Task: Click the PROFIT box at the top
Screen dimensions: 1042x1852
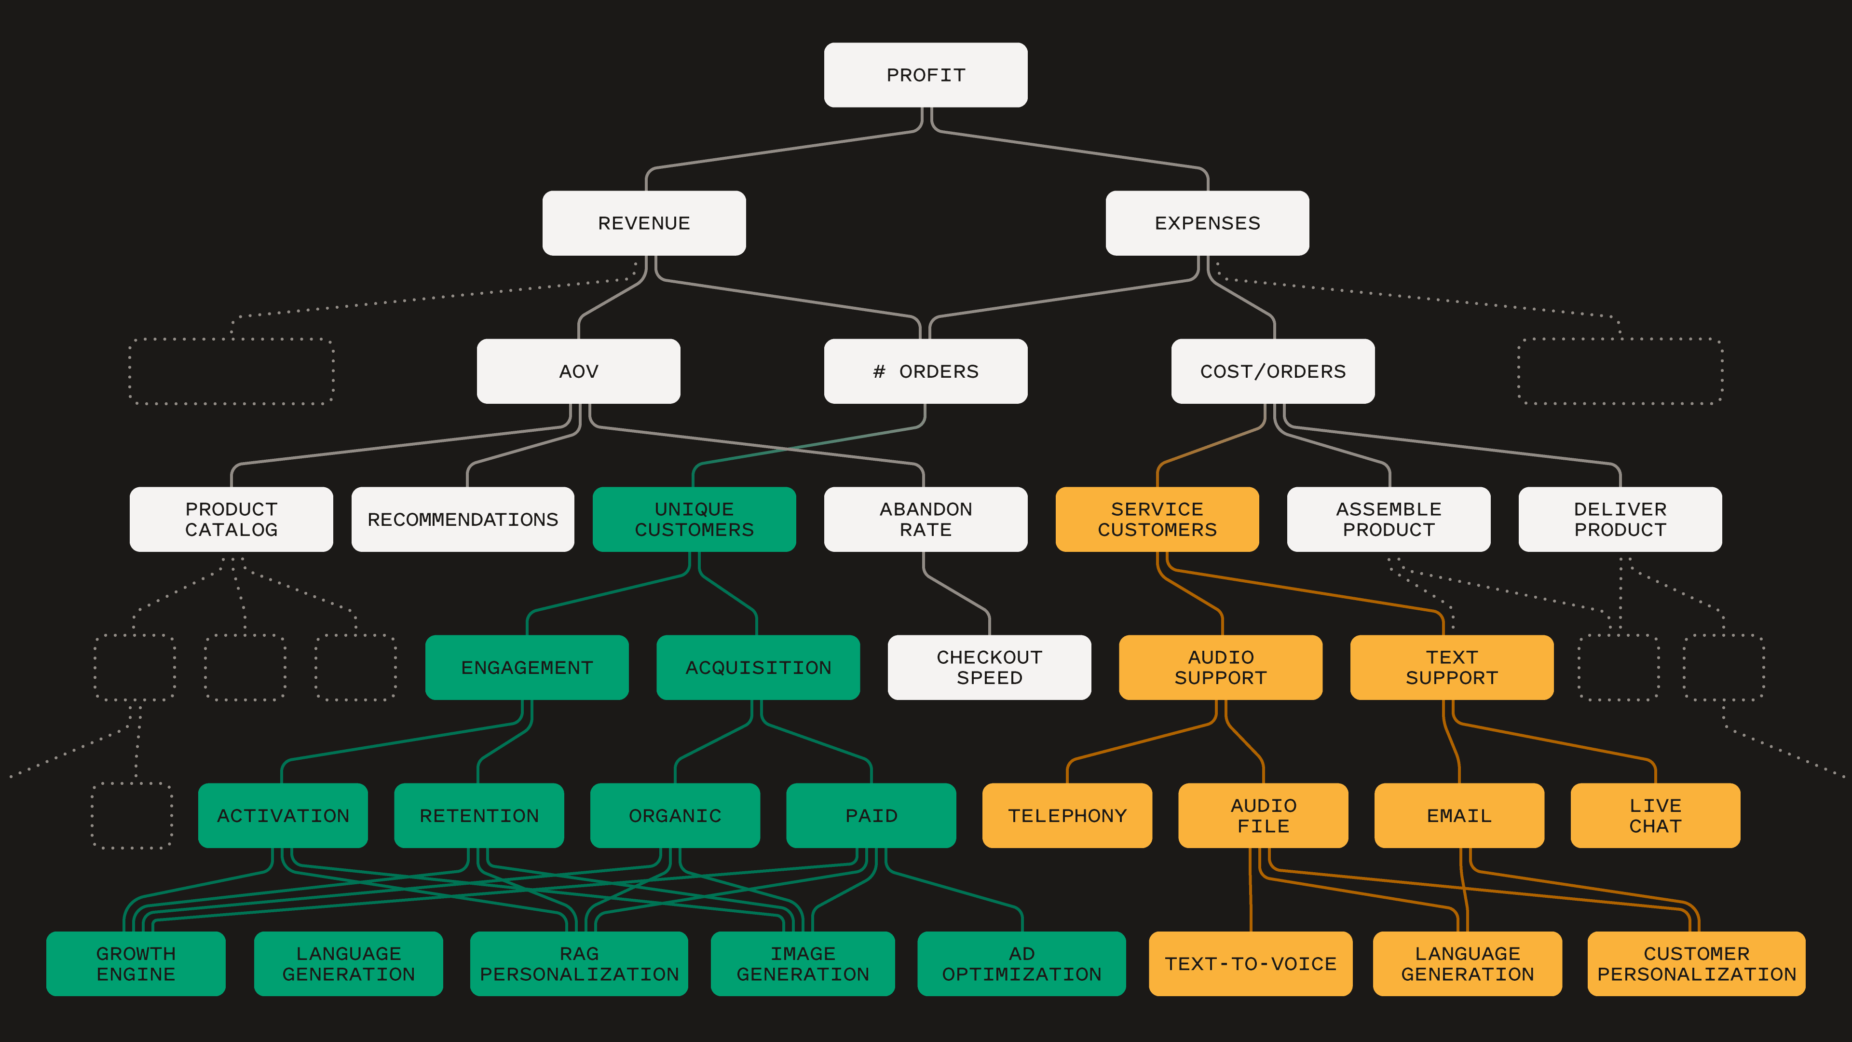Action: pos(926,75)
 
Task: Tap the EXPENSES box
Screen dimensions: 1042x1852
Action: pos(1207,223)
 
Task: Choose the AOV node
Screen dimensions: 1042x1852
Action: pos(578,371)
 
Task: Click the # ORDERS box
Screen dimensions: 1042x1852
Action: pos(926,371)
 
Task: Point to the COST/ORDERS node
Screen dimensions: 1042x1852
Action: pos(1273,371)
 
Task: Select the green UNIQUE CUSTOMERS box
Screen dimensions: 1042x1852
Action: pos(694,519)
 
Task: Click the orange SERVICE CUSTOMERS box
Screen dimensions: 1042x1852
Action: pos(1157,519)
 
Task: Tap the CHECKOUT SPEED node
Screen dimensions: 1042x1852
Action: pos(989,667)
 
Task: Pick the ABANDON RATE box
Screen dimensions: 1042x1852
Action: pos(926,519)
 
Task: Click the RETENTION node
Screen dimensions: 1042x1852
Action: pos(479,815)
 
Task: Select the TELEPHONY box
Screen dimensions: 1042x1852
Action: pos(1067,815)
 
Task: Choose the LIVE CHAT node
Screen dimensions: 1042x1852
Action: pos(1655,815)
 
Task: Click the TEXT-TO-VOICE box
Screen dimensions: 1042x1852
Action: pos(1250,964)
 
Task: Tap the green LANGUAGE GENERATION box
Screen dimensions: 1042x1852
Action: pos(349,964)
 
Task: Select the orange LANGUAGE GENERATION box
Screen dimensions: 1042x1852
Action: pos(1467,964)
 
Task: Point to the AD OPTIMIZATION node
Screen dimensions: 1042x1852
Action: pos(1021,964)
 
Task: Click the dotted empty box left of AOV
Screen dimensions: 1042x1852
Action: pos(231,371)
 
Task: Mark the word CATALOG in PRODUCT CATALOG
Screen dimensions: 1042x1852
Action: pos(231,530)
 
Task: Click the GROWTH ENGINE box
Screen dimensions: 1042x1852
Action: pos(136,964)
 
